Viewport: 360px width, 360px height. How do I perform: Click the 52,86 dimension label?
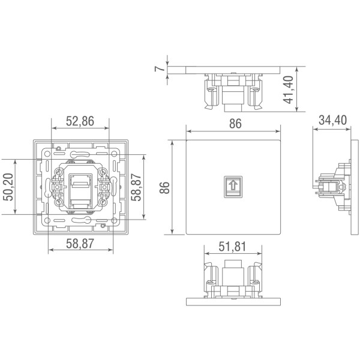click(80, 121)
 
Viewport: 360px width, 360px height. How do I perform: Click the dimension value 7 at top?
click(160, 68)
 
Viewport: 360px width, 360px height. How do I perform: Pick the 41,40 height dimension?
click(290, 89)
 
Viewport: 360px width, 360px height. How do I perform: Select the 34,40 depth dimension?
click(332, 121)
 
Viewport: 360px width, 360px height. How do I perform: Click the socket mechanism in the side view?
click(329, 187)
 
